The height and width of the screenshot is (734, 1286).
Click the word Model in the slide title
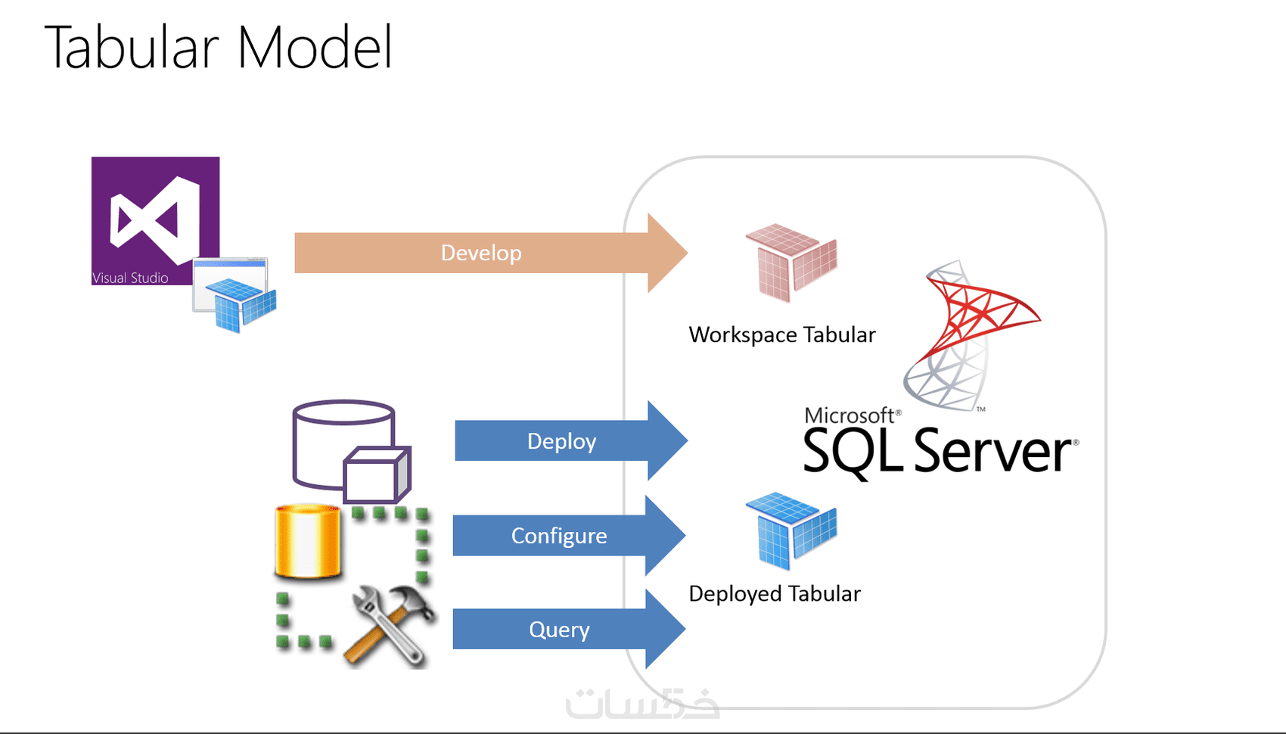point(315,47)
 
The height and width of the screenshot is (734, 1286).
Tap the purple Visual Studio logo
point(155,216)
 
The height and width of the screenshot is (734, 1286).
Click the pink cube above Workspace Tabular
point(791,262)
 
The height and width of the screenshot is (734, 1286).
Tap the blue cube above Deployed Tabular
point(791,530)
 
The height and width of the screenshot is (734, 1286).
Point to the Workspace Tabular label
point(782,334)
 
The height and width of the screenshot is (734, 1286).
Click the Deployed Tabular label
point(775,594)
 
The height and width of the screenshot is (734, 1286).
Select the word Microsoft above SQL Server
point(850,415)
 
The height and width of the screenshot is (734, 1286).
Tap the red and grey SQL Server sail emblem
point(968,333)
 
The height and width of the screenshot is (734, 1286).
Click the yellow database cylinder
point(307,540)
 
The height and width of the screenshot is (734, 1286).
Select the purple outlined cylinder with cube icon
point(349,451)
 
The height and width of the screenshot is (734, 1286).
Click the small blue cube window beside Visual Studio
point(235,295)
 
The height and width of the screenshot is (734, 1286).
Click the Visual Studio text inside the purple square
point(130,278)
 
